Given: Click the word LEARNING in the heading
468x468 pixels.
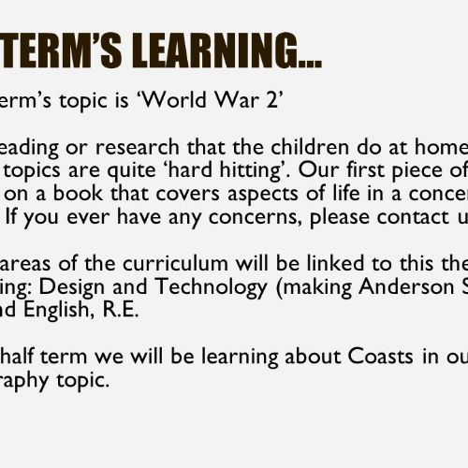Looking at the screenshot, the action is coord(227,51).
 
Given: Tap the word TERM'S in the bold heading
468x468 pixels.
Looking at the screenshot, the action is coord(61,51).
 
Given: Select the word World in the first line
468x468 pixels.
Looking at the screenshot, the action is coord(171,100).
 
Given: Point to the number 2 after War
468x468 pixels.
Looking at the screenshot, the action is coord(271,100).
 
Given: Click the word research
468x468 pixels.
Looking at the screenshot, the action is coord(138,147).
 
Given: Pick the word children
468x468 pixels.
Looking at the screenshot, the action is coord(310,147).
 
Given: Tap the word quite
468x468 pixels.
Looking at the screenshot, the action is coord(131,171).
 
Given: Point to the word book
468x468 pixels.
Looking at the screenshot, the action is coord(78,194).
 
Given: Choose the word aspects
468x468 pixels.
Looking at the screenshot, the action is coord(263,195).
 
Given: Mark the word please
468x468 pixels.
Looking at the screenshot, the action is coord(340,218).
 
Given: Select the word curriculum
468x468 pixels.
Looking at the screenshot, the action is coord(175,264).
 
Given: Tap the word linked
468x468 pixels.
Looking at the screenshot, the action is coord(336,263).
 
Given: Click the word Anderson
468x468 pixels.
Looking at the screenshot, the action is coord(406,286).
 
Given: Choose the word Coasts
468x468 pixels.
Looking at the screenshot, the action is coord(380,357).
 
